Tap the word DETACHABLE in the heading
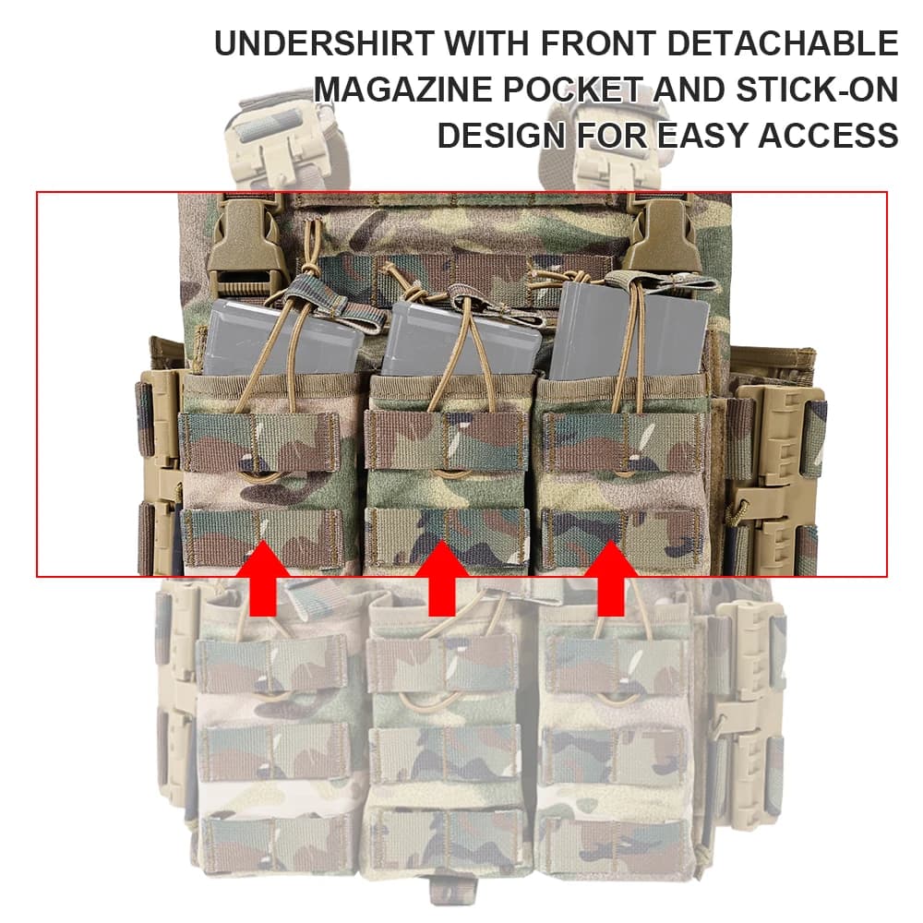point(784,43)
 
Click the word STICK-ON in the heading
point(818,90)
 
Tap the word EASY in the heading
point(702,136)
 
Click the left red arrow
point(263,579)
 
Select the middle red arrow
point(442,579)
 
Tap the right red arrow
point(611,579)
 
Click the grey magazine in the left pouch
point(282,338)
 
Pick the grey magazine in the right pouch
point(629,331)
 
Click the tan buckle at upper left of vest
point(240,246)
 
